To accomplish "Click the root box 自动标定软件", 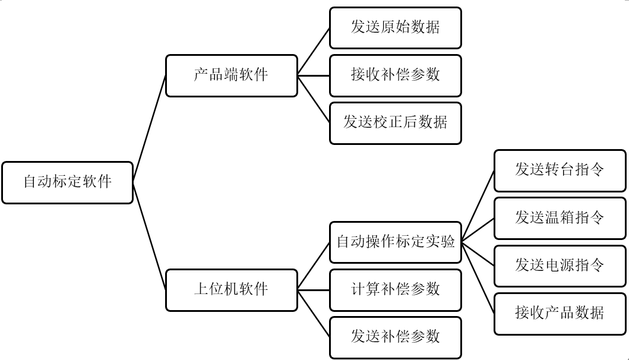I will pyautogui.click(x=67, y=182).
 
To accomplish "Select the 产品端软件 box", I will pyautogui.click(x=231, y=75).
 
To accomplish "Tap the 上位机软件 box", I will pyautogui.click(x=231, y=290).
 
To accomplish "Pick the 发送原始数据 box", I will pyautogui.click(x=396, y=28).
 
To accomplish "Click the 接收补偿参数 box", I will pyautogui.click(x=396, y=75).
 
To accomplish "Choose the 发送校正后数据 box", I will pyautogui.click(x=396, y=123).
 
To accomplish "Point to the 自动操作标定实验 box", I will pyautogui.click(x=396, y=242).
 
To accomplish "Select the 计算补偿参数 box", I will pyautogui.click(x=396, y=290).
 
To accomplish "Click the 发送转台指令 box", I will pyautogui.click(x=560, y=170).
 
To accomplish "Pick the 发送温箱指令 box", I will pyautogui.click(x=560, y=218).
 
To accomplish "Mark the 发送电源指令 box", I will pyautogui.click(x=560, y=266).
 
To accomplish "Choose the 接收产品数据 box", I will pyautogui.click(x=560, y=313).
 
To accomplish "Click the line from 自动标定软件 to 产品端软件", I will pyautogui.click(x=149, y=129).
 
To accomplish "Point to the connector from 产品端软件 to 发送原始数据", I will pyautogui.click(x=314, y=52).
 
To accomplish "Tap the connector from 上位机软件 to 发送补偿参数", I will pyautogui.click(x=314, y=314).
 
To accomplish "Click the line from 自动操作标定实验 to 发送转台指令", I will pyautogui.click(x=478, y=206).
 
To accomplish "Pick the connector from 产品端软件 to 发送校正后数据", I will pyautogui.click(x=314, y=99).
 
